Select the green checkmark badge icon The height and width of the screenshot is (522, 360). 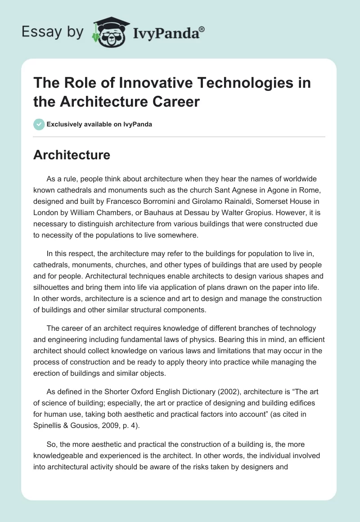(x=39, y=124)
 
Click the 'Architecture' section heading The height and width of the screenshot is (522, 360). (x=72, y=155)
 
